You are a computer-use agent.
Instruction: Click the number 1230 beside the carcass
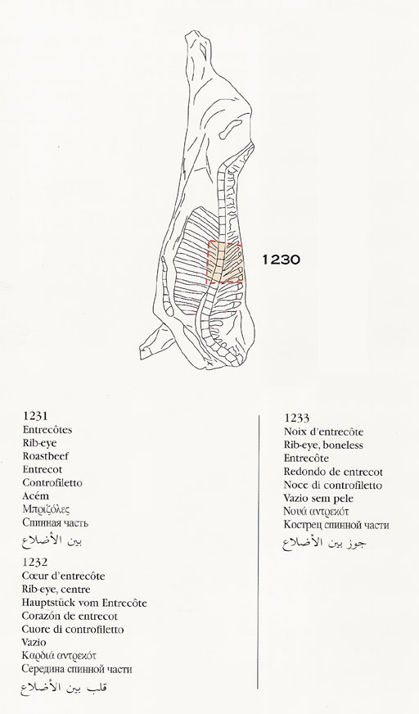point(281,260)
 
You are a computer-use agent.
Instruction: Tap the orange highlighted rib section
point(226,263)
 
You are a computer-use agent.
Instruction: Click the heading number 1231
point(35,416)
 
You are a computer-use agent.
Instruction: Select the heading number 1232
point(34,563)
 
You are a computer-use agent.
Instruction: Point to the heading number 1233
point(296,418)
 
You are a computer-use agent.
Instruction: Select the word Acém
point(35,496)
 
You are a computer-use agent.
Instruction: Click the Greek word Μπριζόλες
point(46,509)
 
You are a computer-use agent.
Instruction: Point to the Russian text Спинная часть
point(56,522)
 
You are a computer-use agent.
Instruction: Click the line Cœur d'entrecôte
point(63,576)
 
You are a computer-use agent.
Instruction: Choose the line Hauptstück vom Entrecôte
point(84,603)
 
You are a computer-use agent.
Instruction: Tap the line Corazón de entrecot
point(70,616)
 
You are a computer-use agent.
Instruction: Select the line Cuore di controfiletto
point(73,630)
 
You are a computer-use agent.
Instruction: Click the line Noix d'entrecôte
point(323,432)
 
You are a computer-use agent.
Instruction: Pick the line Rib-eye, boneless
point(323,445)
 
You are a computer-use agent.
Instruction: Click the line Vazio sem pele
point(318,499)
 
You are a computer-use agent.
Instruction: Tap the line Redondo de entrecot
point(333,472)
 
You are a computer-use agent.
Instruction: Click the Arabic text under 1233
point(324,542)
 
